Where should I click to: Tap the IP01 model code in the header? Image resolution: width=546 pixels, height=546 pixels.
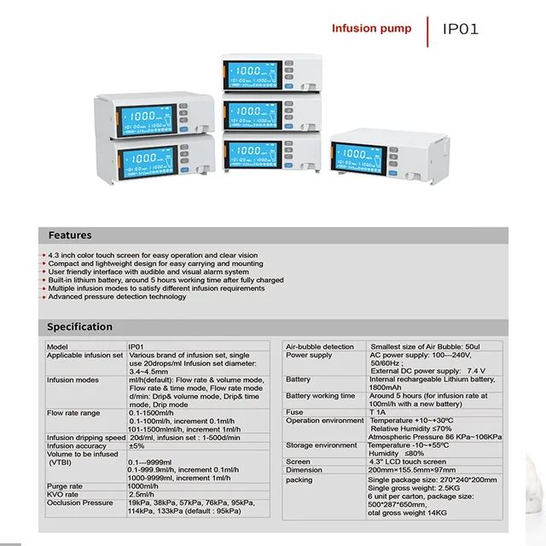[x=461, y=29]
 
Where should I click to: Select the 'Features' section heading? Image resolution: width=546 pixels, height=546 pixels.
[x=70, y=235]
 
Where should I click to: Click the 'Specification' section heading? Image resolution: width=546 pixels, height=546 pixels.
[x=79, y=327]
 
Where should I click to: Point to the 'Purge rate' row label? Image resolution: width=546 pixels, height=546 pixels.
[x=66, y=485]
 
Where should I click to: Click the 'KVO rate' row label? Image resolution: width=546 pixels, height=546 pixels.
[x=63, y=494]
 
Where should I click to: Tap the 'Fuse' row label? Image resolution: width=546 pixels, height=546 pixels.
[x=294, y=412]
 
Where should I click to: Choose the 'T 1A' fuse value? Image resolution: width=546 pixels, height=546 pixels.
[x=377, y=412]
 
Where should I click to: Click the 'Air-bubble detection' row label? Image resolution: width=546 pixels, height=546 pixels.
[x=320, y=347]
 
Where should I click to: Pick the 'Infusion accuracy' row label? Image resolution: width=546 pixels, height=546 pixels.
[x=77, y=445]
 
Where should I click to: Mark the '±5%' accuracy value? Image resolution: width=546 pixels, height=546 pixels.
[x=136, y=445]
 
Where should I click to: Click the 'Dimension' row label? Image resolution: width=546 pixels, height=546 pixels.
[x=305, y=470]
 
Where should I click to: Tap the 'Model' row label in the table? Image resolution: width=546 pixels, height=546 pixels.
[x=57, y=347]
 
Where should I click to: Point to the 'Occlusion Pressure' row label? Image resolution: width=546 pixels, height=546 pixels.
[x=79, y=502]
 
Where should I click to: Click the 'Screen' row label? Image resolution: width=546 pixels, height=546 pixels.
[x=299, y=462]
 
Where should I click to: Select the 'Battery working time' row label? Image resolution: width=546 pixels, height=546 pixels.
[x=320, y=396]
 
